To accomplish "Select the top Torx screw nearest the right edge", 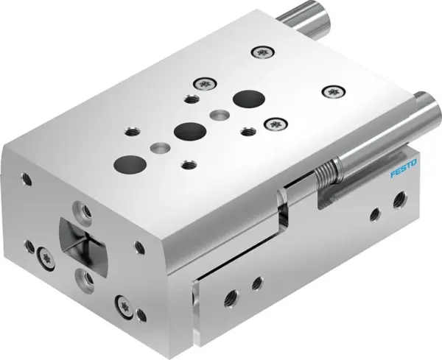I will [x=333, y=91].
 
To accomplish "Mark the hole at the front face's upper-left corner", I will [x=28, y=177].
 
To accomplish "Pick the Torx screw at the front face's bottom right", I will [x=122, y=303].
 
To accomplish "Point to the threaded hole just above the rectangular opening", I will [x=87, y=212].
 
